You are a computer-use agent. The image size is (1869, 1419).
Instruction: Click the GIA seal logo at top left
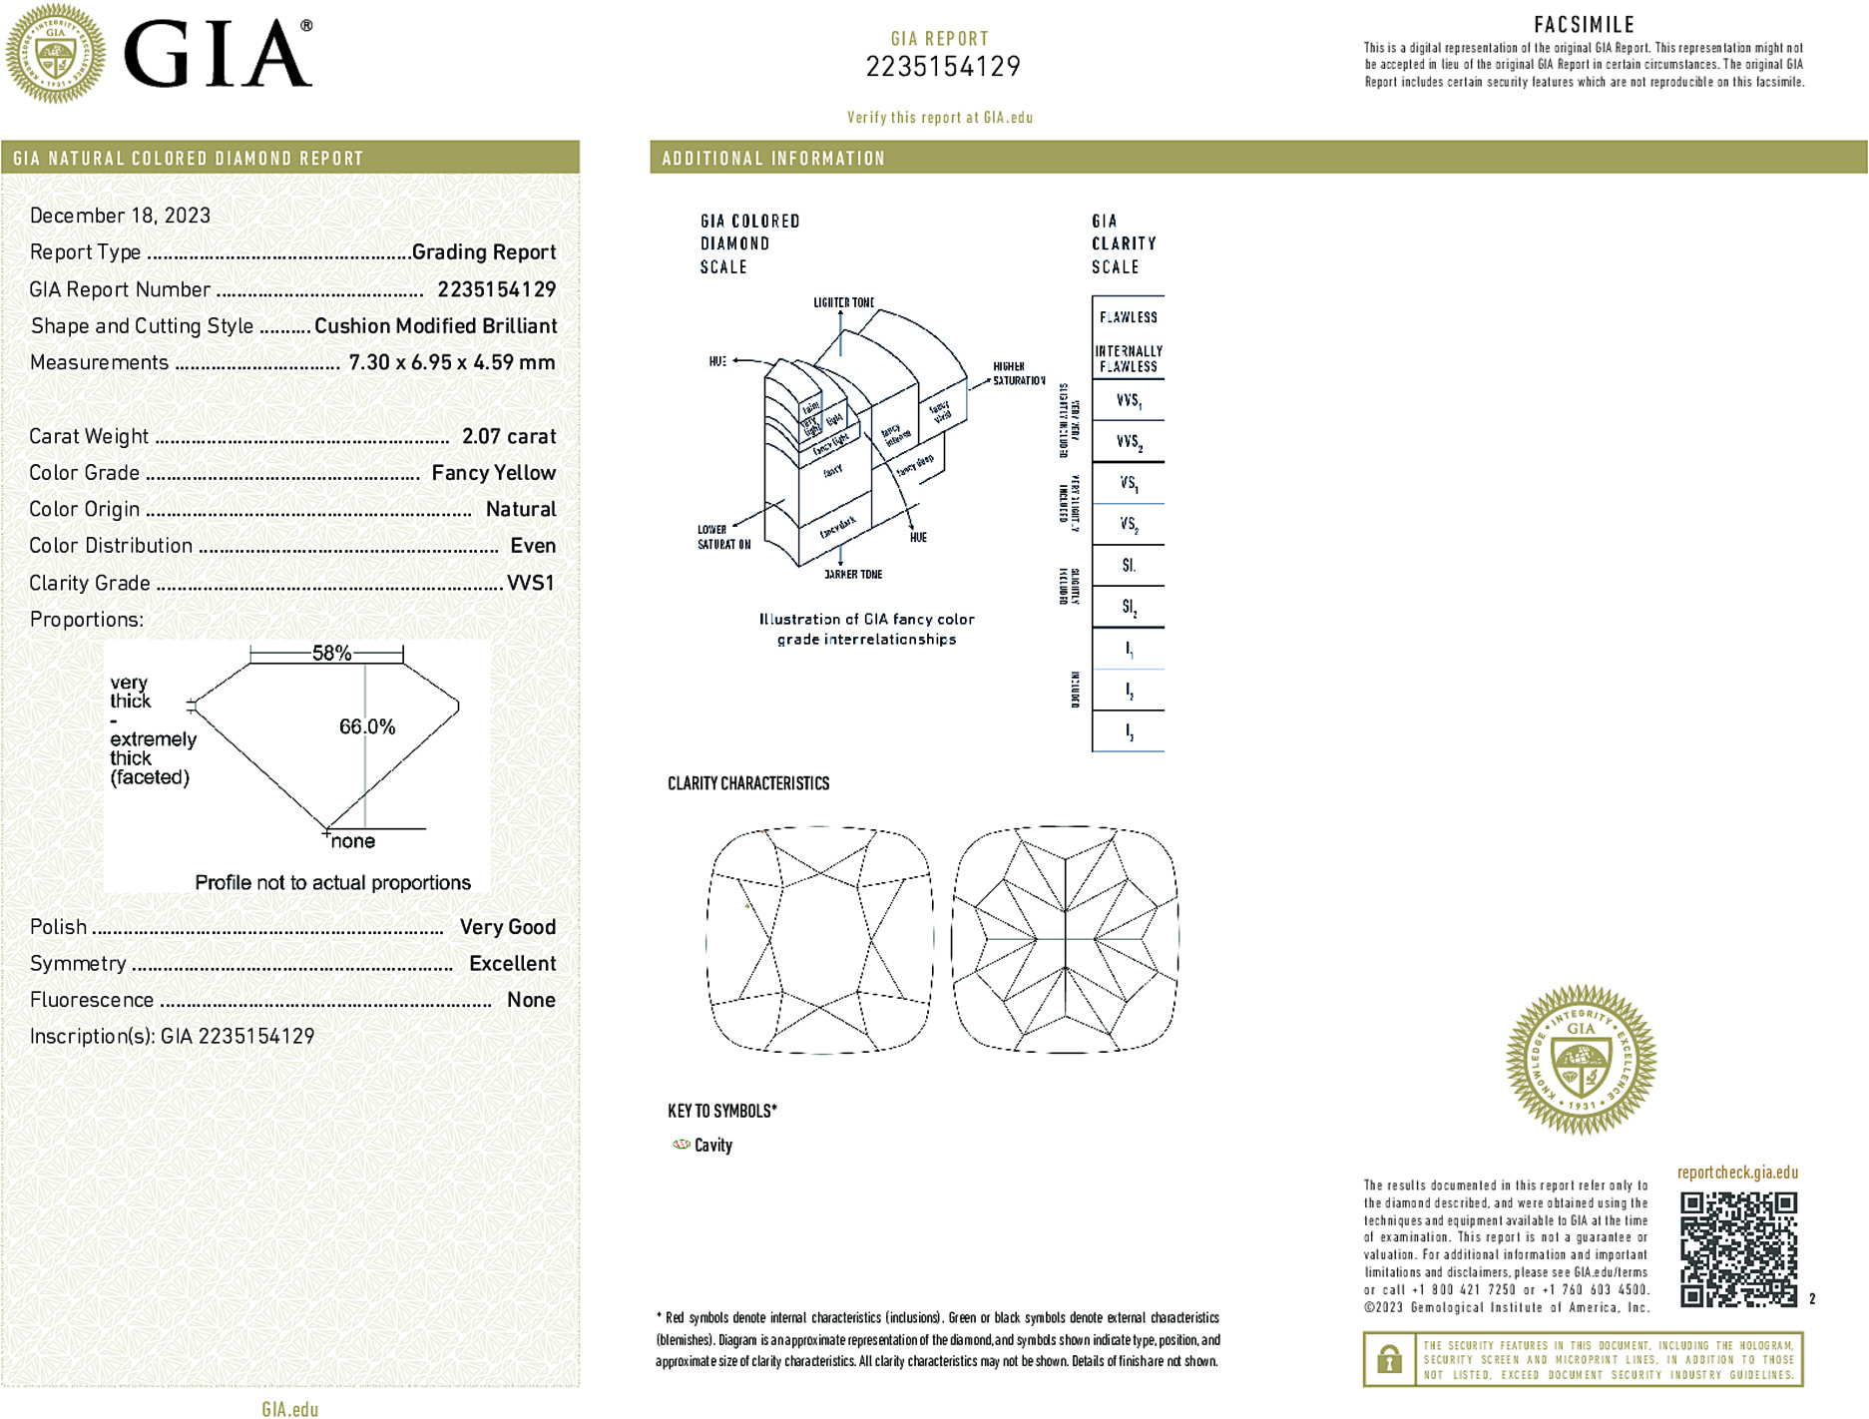coord(55,53)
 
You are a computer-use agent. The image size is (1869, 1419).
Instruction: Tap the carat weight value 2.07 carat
coord(509,436)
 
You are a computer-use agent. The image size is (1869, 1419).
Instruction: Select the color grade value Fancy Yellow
coord(493,473)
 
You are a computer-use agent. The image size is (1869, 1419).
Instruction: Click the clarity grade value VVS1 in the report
coord(530,583)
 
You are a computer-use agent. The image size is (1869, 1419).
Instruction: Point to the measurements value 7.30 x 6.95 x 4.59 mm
coord(451,362)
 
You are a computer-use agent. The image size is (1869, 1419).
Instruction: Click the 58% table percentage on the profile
coord(331,654)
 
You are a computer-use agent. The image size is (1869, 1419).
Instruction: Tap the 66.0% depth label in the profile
coord(367,726)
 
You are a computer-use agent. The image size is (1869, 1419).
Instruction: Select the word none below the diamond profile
coord(353,841)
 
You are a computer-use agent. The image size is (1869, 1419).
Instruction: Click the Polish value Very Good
coord(507,927)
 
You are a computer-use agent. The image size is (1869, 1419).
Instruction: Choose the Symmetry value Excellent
coord(512,964)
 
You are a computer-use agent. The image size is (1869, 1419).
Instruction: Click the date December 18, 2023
coord(120,216)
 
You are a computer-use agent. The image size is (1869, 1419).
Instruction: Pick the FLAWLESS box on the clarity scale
coord(1128,317)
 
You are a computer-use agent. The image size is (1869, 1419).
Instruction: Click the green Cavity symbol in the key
coord(682,1145)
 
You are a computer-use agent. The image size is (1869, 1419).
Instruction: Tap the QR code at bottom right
coord(1738,1248)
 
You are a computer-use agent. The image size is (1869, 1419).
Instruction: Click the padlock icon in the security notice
coord(1388,1359)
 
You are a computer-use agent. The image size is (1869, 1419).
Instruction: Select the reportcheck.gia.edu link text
coord(1737,1173)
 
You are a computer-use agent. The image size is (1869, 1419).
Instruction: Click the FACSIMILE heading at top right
coord(1584,25)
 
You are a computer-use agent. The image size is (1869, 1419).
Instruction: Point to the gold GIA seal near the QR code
coord(1581,1059)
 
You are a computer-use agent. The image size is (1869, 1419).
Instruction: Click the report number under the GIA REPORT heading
coord(942,67)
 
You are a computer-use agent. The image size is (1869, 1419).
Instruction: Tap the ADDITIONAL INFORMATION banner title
coord(773,159)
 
